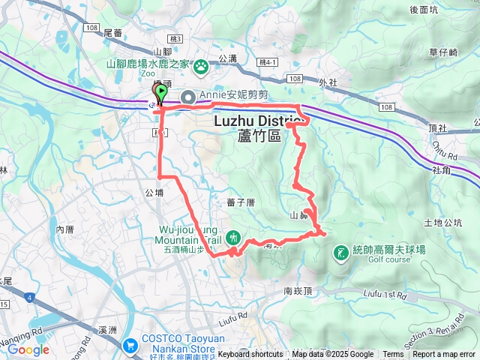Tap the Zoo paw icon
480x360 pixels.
click(x=201, y=67)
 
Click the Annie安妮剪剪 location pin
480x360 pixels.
click(x=187, y=96)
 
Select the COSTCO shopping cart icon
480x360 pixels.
click(x=132, y=346)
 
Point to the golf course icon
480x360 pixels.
click(x=340, y=252)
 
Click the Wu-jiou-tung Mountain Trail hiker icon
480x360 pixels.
click(x=232, y=237)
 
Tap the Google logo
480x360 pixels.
click(x=28, y=349)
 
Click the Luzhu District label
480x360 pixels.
click(x=257, y=121)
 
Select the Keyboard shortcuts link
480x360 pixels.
click(x=250, y=355)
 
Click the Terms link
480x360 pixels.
click(x=393, y=355)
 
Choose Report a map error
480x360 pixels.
click(x=444, y=355)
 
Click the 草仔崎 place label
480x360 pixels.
click(x=442, y=52)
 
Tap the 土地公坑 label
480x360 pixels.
click(x=442, y=223)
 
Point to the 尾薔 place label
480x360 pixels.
click(x=112, y=33)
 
